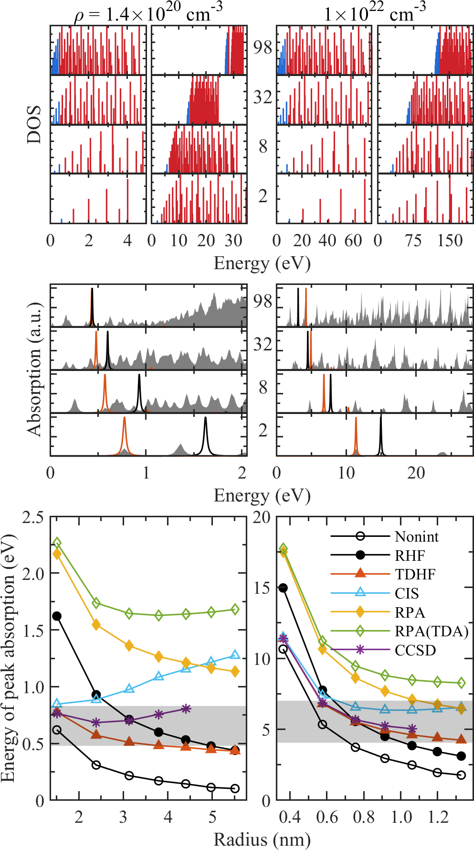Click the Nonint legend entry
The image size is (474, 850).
click(x=416, y=537)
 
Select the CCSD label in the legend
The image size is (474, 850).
click(x=415, y=650)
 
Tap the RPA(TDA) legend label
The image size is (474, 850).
click(x=431, y=631)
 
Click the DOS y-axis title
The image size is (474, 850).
click(x=34, y=125)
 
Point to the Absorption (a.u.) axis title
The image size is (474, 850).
click(x=34, y=369)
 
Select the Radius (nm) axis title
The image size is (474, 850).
click(x=262, y=839)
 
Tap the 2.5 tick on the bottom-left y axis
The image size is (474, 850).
click(x=33, y=517)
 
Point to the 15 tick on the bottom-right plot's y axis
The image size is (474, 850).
click(x=262, y=588)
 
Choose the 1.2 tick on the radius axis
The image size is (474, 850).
click(x=438, y=817)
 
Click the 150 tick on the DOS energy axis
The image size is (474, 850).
click(x=450, y=240)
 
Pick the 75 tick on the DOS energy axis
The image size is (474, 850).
click(x=413, y=240)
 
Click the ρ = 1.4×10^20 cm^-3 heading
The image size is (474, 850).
click(x=148, y=13)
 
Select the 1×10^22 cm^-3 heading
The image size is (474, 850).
click(x=375, y=13)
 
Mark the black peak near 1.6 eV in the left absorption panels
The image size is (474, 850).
click(x=206, y=418)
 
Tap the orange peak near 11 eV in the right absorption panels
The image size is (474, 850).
click(x=356, y=419)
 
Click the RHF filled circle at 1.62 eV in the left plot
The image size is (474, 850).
click(x=57, y=616)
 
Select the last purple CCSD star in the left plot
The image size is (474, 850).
click(x=186, y=708)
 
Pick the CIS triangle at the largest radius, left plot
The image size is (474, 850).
click(x=235, y=655)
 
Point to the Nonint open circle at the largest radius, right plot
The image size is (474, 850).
click(x=461, y=775)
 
